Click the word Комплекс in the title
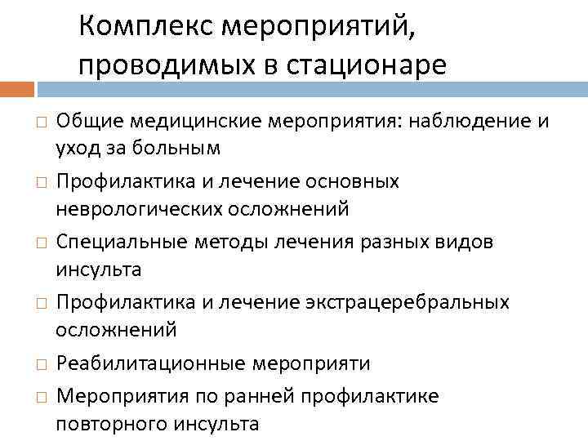pyautogui.click(x=136, y=29)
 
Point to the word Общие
pyautogui.click(x=85, y=122)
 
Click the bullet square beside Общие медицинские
pyautogui.click(x=40, y=123)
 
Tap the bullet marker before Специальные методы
pyautogui.click(x=40, y=243)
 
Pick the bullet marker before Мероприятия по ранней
pyautogui.click(x=40, y=397)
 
